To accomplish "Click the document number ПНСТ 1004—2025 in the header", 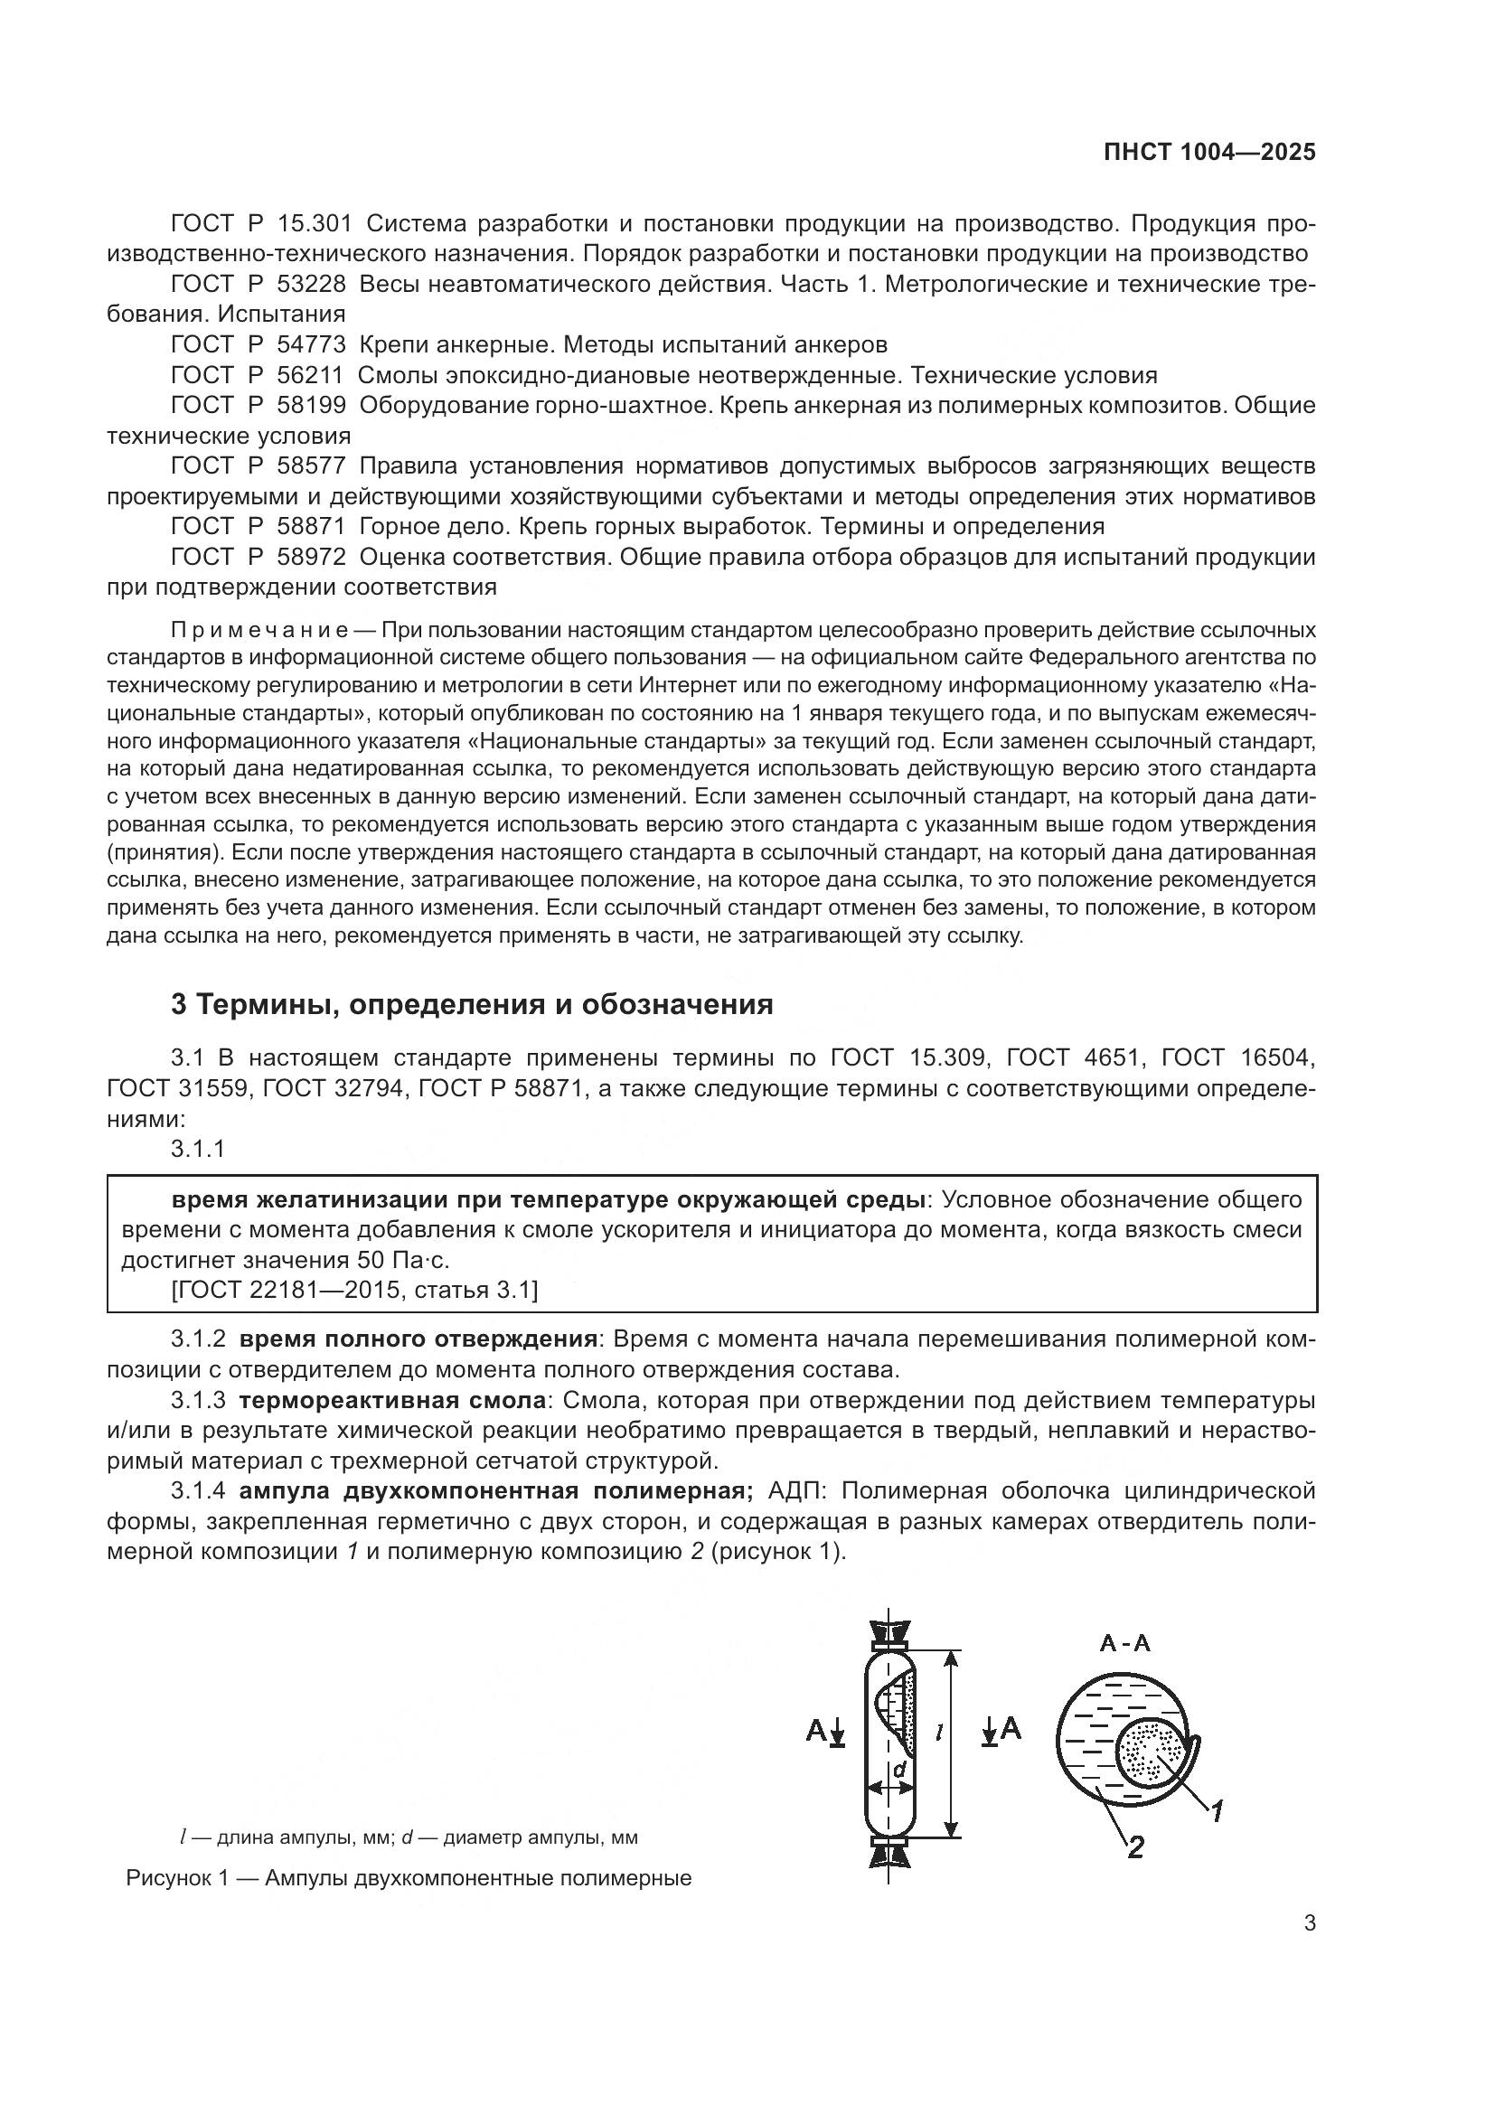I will (1209, 153).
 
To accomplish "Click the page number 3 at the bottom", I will (1309, 1923).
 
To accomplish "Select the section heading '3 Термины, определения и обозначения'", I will (471, 1004).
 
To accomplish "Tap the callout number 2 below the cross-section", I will (1136, 1846).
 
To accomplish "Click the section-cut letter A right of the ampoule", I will (1011, 1728).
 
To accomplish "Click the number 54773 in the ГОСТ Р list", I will (311, 345).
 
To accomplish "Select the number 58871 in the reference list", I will (311, 527).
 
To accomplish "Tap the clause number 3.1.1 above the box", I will (198, 1149).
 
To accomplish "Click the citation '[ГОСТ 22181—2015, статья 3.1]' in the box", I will (354, 1291).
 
